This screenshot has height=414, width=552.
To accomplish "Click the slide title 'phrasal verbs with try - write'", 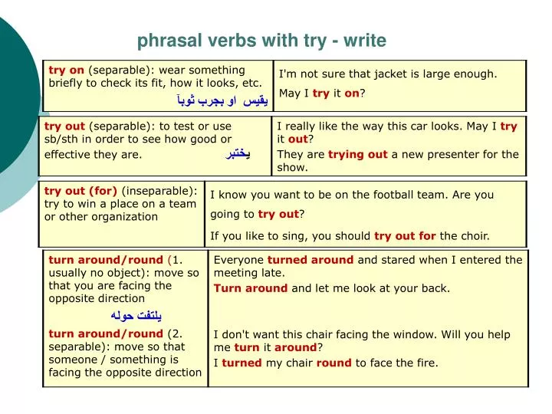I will point(262,40).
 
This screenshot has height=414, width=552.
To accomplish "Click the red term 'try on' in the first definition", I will point(66,70).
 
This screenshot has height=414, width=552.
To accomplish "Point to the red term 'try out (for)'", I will point(80,191).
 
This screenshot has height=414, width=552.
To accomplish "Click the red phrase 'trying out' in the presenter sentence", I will point(357,154).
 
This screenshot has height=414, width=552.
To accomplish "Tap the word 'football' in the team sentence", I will point(405,195).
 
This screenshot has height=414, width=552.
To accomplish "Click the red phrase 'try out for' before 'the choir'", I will point(405,235).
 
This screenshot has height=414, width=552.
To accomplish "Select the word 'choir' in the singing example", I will point(475,235).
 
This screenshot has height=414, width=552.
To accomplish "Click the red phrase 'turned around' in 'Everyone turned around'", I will point(310,260).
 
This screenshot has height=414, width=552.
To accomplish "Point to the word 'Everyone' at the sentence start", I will point(238,260).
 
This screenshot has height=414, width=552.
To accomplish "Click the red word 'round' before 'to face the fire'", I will point(333,363).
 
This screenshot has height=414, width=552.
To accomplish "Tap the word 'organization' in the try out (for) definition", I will point(122,217).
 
